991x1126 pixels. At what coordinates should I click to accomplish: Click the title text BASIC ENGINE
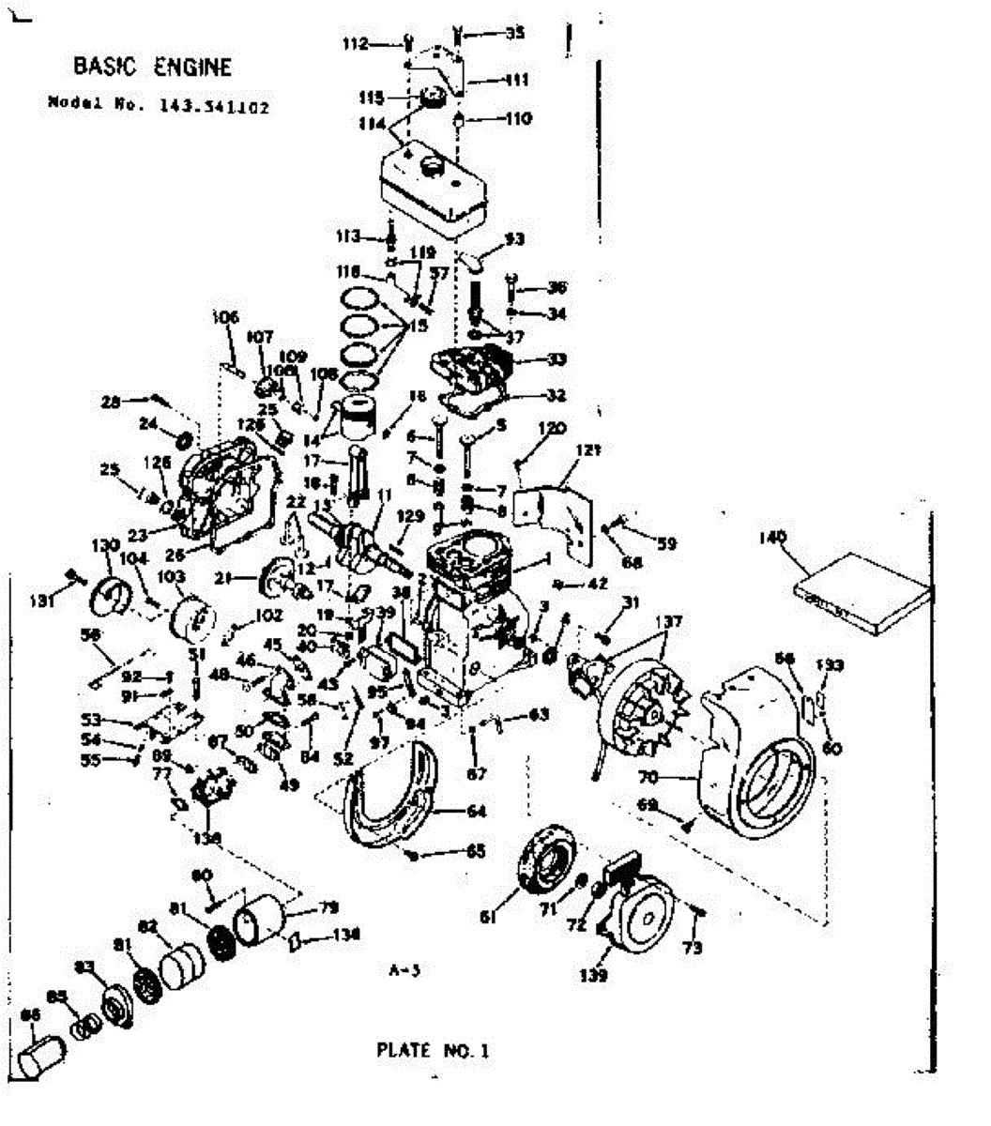pos(152,67)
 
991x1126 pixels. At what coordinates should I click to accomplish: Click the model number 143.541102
pos(207,107)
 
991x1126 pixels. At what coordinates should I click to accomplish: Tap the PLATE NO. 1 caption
pos(433,1050)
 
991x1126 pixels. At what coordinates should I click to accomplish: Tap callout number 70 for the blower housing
pos(648,776)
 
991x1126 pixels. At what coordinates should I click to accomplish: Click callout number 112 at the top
pos(356,43)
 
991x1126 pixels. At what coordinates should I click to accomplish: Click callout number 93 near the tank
pos(514,239)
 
